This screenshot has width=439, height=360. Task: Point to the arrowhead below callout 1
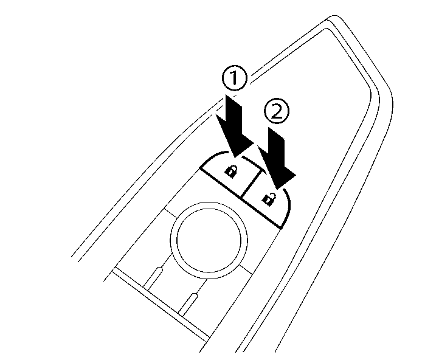coord(238,145)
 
